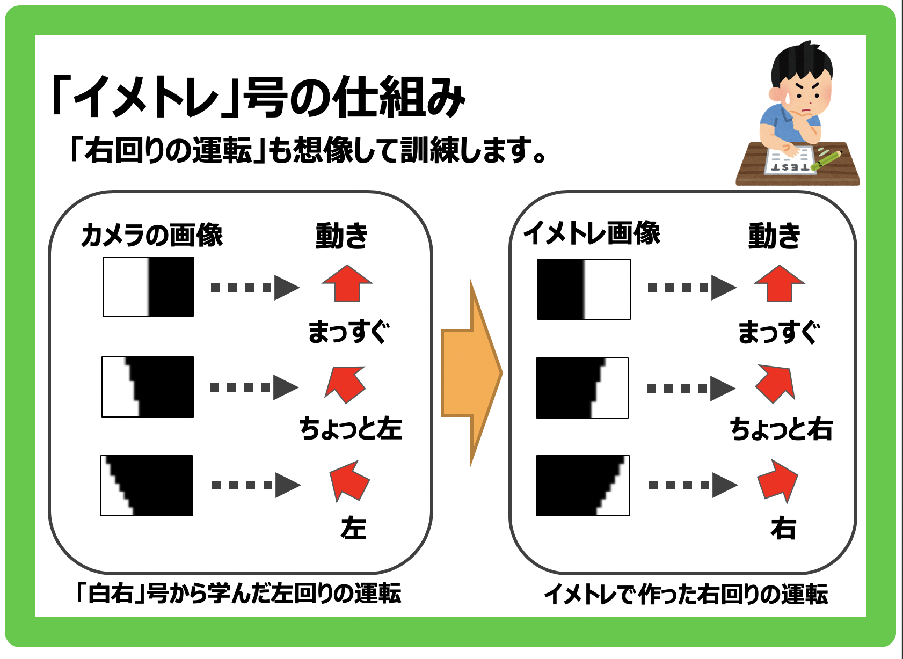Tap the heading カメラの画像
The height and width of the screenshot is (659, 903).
point(151,235)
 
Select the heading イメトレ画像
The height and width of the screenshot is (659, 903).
point(592,233)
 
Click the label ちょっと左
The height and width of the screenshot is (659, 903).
point(351,428)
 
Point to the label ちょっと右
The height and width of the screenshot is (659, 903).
point(781,429)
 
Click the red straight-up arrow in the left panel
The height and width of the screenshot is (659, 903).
point(347,283)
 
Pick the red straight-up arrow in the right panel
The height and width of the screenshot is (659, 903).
point(780,283)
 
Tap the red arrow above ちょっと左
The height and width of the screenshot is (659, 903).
point(346,385)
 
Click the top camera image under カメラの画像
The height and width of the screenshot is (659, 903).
point(148,287)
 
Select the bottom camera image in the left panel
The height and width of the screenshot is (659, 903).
point(147,486)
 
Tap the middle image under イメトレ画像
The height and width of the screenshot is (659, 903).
point(582,388)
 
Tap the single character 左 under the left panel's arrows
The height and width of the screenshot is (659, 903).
point(354,528)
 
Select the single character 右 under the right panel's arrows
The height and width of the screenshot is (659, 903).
point(783,528)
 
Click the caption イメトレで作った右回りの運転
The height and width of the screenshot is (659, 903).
point(686,594)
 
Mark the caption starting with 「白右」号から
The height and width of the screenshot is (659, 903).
point(239,593)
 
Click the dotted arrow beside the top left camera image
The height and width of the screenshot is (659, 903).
point(255,288)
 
